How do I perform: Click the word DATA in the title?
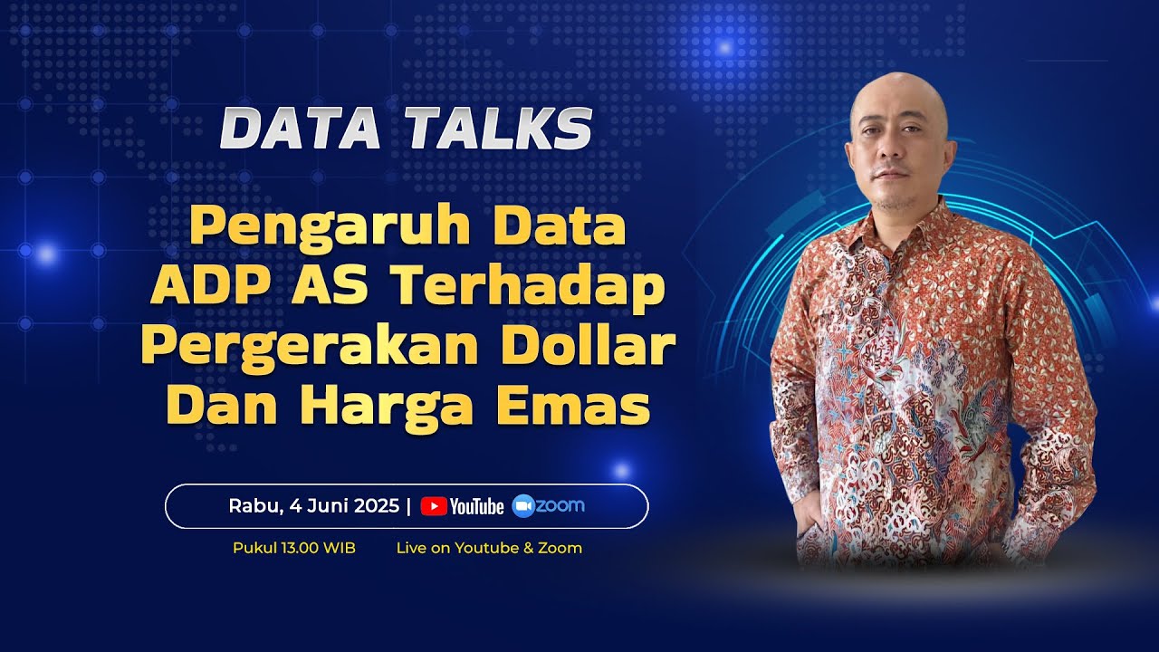point(300,129)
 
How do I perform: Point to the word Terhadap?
point(529,287)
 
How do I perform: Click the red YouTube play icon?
point(434,506)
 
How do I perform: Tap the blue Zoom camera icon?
point(522,506)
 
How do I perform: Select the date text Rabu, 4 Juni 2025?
point(313,506)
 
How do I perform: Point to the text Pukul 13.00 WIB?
point(293,548)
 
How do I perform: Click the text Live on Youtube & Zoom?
point(489,548)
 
